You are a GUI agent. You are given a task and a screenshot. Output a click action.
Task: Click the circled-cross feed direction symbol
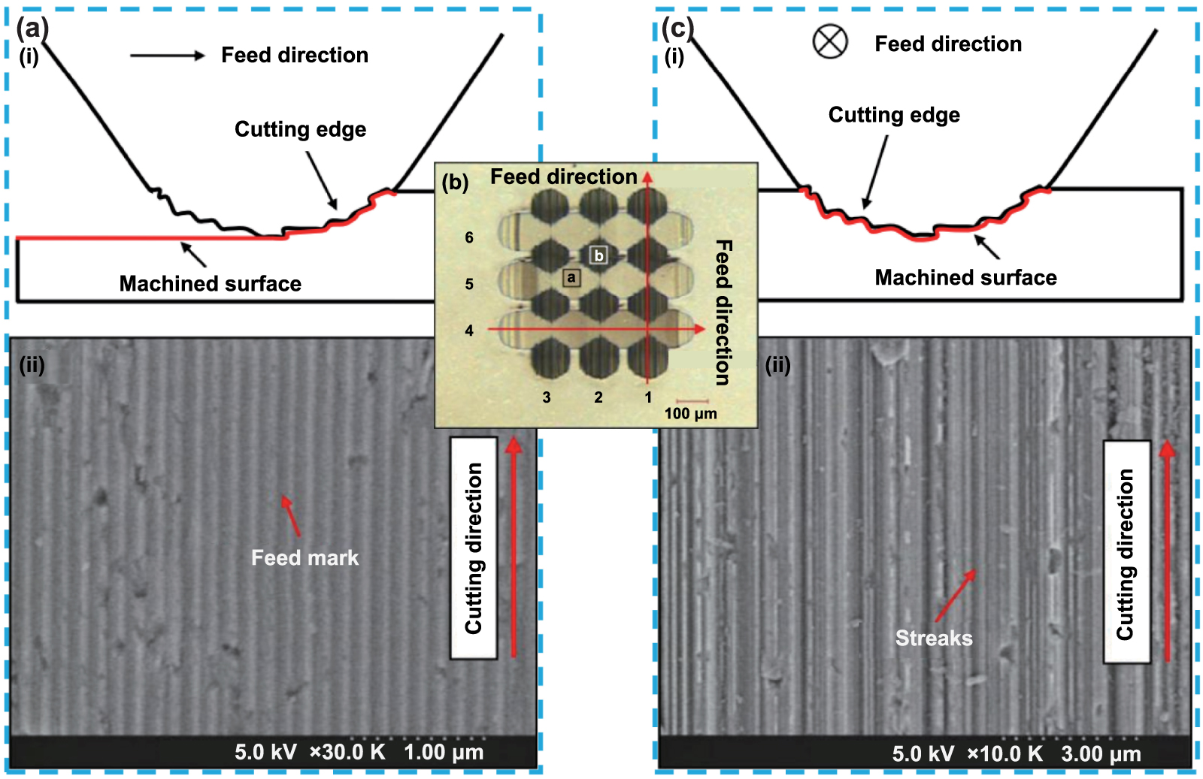pyautogui.click(x=830, y=41)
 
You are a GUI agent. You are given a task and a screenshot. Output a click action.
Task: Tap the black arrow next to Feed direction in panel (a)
pyautogui.click(x=167, y=56)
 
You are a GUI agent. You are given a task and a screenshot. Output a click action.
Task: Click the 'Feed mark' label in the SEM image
pyautogui.click(x=305, y=557)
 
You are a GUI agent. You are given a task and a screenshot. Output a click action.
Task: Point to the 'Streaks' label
pyautogui.click(x=933, y=638)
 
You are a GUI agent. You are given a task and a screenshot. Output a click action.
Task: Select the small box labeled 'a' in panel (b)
pyautogui.click(x=571, y=278)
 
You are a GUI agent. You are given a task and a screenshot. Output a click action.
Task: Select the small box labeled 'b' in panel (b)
pyautogui.click(x=598, y=255)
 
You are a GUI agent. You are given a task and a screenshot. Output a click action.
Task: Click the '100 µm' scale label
pyautogui.click(x=690, y=413)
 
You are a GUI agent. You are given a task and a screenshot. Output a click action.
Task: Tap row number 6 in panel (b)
pyautogui.click(x=469, y=237)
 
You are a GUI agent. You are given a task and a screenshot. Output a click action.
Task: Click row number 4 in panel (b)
pyautogui.click(x=469, y=331)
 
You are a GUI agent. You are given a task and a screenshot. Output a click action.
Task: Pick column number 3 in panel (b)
pyautogui.click(x=547, y=397)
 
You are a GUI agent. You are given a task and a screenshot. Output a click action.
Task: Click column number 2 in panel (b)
pyautogui.click(x=598, y=397)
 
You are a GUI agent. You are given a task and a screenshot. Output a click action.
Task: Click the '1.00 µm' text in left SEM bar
pyautogui.click(x=444, y=752)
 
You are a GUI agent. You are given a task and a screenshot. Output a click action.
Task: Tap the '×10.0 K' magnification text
pyautogui.click(x=1005, y=753)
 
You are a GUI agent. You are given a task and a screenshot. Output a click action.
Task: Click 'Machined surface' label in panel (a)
pyautogui.click(x=210, y=283)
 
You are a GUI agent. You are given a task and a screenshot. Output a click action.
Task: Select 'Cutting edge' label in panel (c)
pyautogui.click(x=894, y=115)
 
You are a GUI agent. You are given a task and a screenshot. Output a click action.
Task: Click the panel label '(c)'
pyautogui.click(x=677, y=29)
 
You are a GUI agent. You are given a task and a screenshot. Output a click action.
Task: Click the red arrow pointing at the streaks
pyautogui.click(x=955, y=595)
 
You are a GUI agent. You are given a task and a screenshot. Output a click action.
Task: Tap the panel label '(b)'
pyautogui.click(x=455, y=182)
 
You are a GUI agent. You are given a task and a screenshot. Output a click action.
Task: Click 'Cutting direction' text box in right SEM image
pyautogui.click(x=1126, y=552)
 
